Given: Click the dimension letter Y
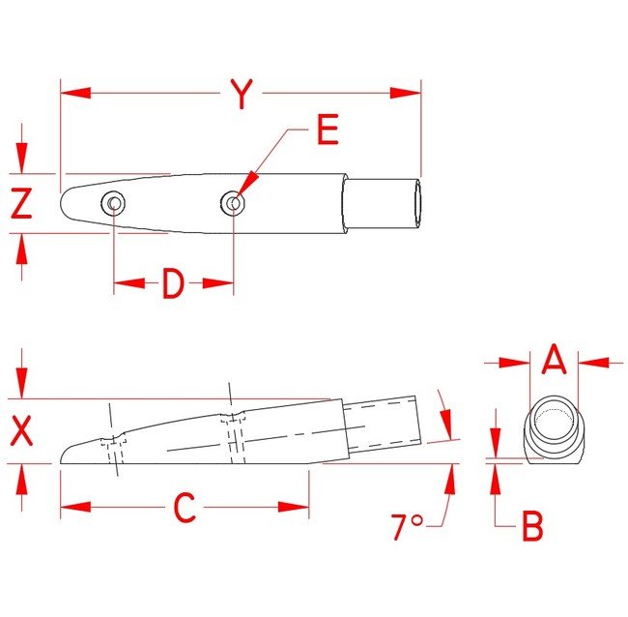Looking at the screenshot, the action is click(x=242, y=94).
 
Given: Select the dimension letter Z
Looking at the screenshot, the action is click(x=21, y=203).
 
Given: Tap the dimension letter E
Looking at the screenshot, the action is click(x=328, y=129).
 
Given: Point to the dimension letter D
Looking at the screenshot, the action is click(x=173, y=283).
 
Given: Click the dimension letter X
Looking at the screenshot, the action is click(x=21, y=431).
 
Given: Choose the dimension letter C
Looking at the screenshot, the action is click(x=185, y=507).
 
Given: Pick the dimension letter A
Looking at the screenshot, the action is click(x=555, y=359).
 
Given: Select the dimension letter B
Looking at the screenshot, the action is click(x=532, y=525).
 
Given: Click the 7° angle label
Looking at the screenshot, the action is click(x=407, y=526).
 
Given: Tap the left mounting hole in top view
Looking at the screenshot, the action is click(x=113, y=203).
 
